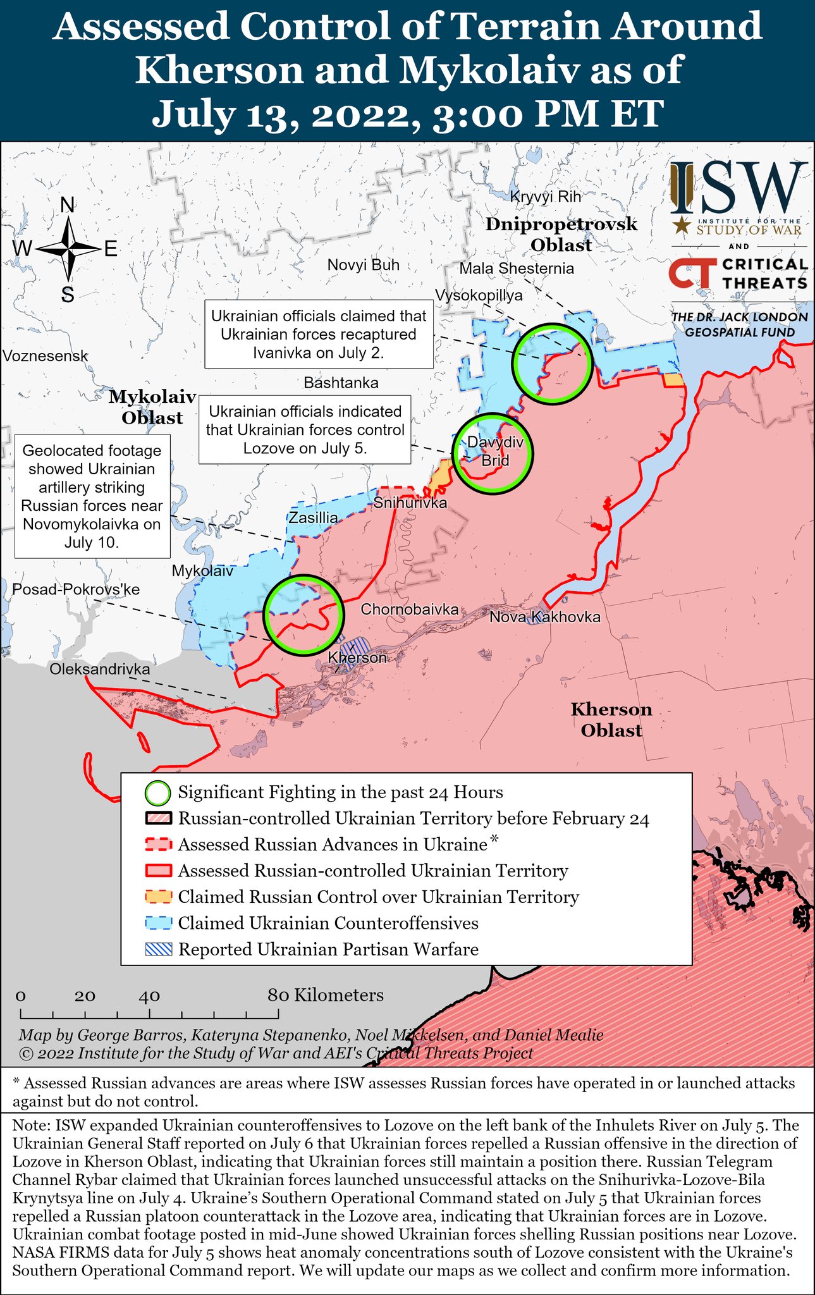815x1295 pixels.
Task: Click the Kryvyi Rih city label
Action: pyautogui.click(x=545, y=197)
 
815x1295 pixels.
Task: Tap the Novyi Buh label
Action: pyautogui.click(x=364, y=265)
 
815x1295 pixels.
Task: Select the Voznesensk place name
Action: pyautogui.click(x=45, y=356)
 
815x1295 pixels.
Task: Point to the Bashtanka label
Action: pyautogui.click(x=341, y=383)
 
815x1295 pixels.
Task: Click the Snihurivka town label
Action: pyautogui.click(x=410, y=503)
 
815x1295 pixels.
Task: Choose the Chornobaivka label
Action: pyautogui.click(x=409, y=610)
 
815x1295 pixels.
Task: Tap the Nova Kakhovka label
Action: pyautogui.click(x=545, y=617)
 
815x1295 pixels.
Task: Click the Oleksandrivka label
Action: pyautogui.click(x=100, y=670)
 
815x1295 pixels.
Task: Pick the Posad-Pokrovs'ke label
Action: pyautogui.click(x=76, y=589)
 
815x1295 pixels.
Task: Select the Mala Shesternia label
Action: pyautogui.click(x=517, y=269)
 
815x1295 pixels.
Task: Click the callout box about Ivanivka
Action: pyautogui.click(x=319, y=334)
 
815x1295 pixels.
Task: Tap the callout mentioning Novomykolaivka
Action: pyautogui.click(x=92, y=496)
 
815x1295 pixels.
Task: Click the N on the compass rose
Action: pyautogui.click(x=67, y=205)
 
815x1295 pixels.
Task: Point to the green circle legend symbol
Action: pyautogui.click(x=157, y=792)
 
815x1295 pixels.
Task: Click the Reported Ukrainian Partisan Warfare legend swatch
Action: pyautogui.click(x=158, y=949)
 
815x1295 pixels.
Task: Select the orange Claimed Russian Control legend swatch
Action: pyautogui.click(x=158, y=897)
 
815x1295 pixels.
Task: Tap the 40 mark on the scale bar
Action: pyautogui.click(x=150, y=997)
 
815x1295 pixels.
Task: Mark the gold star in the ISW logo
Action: pyautogui.click(x=681, y=223)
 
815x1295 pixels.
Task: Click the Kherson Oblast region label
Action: pyautogui.click(x=611, y=720)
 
